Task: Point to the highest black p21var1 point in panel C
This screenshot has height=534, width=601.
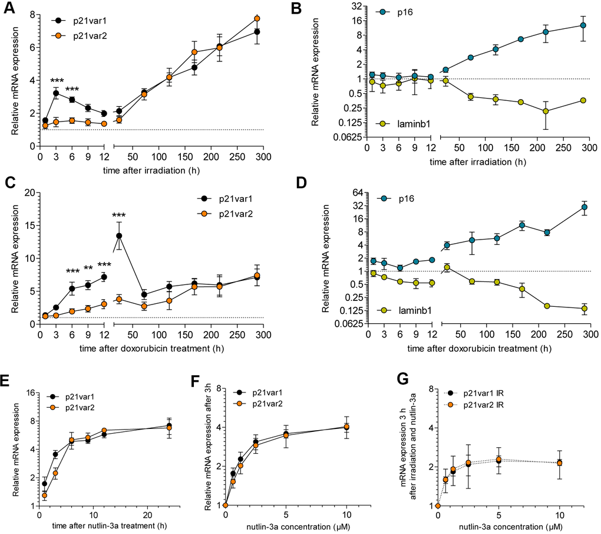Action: tap(119, 235)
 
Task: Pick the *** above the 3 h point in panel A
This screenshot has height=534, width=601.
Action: tap(57, 81)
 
